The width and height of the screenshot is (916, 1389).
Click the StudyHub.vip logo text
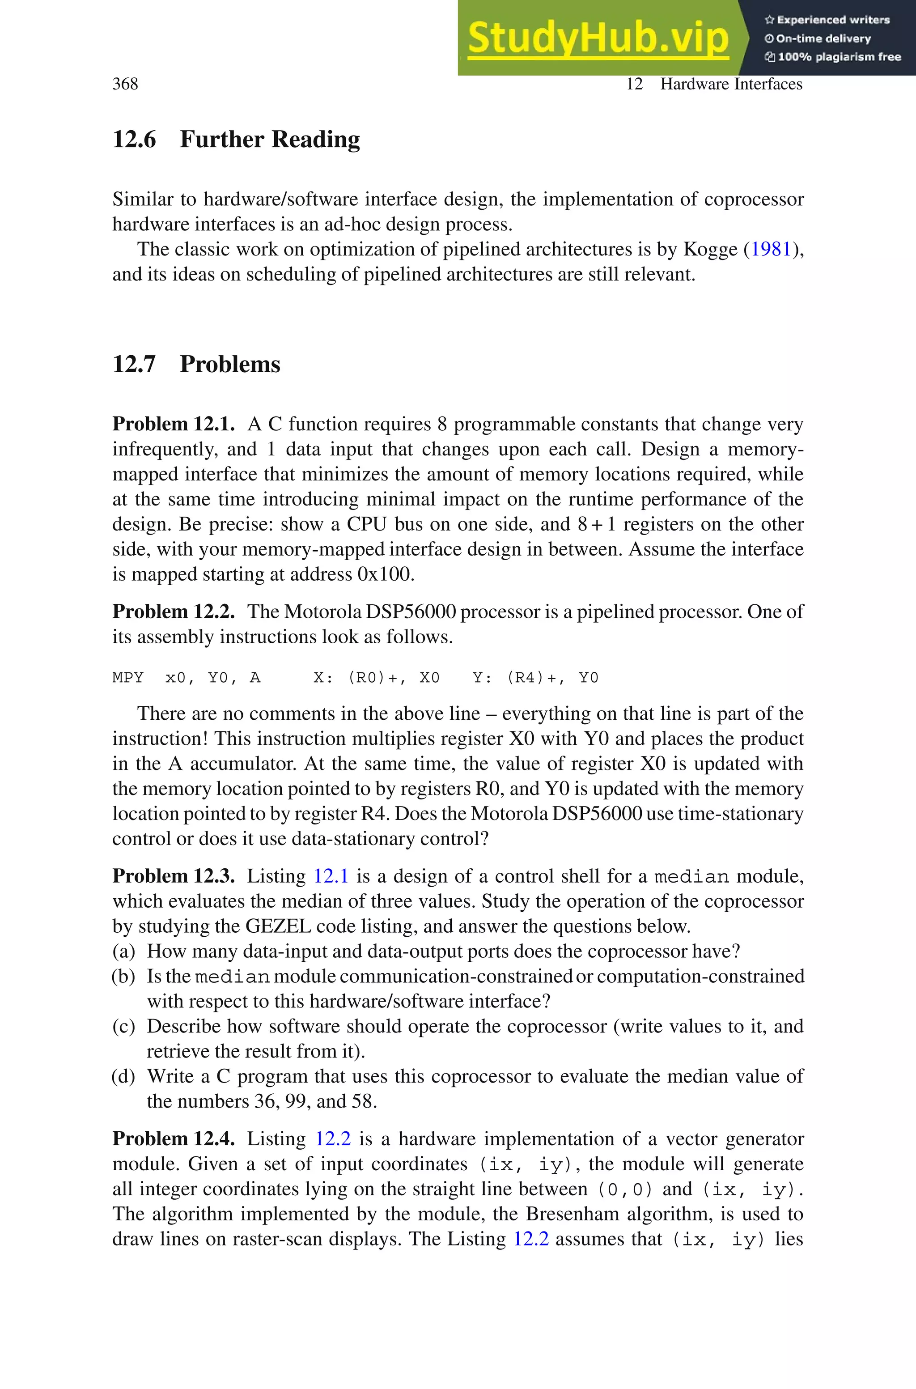pyautogui.click(x=598, y=38)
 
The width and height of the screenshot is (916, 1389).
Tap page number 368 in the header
pyautogui.click(x=125, y=84)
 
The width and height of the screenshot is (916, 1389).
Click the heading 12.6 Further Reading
pyautogui.click(x=236, y=140)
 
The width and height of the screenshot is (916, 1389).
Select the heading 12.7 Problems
pyautogui.click(x=196, y=364)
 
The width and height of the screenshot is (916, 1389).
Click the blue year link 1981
pyautogui.click(x=771, y=250)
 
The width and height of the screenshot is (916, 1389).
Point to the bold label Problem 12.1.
pyautogui.click(x=174, y=424)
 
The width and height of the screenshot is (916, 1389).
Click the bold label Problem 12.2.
pyautogui.click(x=174, y=612)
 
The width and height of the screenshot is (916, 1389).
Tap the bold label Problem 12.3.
pyautogui.click(x=174, y=876)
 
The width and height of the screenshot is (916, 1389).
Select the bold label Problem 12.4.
pyautogui.click(x=174, y=1138)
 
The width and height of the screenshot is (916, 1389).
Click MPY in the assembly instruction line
pyautogui.click(x=128, y=678)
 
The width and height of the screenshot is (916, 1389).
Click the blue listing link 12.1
pyautogui.click(x=331, y=876)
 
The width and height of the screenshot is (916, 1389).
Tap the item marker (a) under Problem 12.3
pyautogui.click(x=124, y=951)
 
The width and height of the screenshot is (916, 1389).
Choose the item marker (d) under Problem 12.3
pyautogui.click(x=124, y=1076)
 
